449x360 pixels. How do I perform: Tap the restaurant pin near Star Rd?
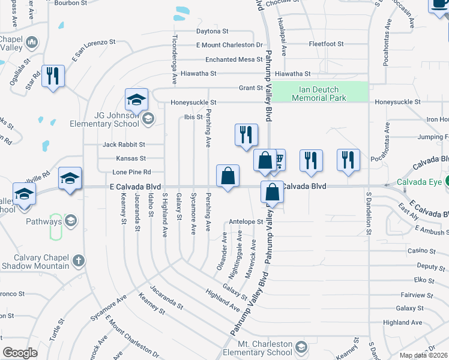coord(53,76)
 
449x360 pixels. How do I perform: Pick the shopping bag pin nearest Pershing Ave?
coord(228,176)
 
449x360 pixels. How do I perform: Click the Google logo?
coord(20,353)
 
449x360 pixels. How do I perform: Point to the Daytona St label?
coord(212,31)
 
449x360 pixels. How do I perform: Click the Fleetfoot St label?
coord(326,44)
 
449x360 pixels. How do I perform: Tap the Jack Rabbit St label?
coord(124,145)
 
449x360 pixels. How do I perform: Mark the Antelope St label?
coord(246,221)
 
